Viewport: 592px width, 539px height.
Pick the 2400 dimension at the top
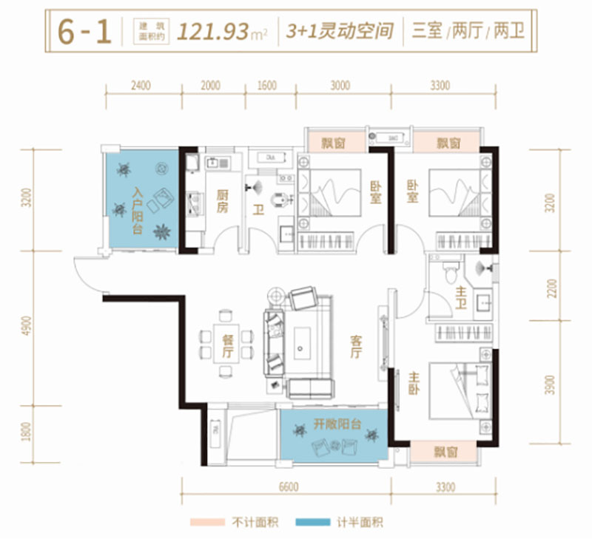click(x=141, y=86)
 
